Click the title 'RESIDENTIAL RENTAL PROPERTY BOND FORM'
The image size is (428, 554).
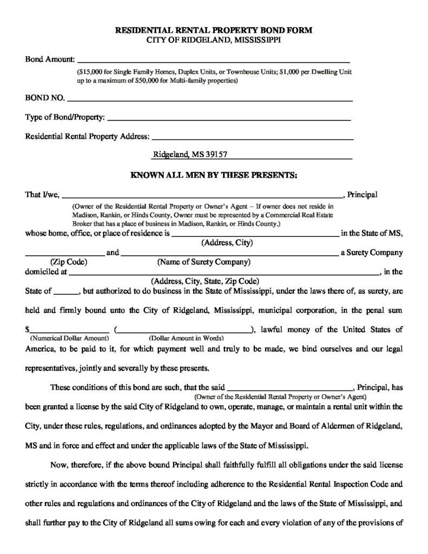[214, 31]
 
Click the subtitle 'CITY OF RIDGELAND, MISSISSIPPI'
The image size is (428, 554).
[214, 40]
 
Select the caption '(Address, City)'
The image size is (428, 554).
[227, 243]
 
